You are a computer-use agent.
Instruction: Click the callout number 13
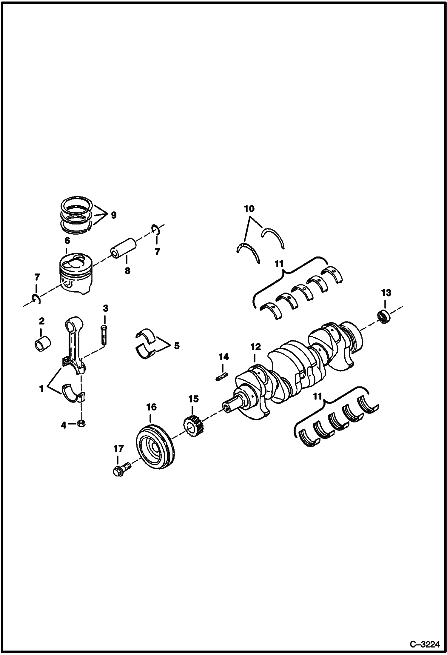pos(386,293)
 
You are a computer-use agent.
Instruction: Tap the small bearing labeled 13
pos(384,317)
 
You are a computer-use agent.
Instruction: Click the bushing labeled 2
pos(41,344)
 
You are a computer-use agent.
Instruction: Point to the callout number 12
pos(255,347)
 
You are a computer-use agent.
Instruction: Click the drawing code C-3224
pos(425,645)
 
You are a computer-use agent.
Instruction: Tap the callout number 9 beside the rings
pos(113,215)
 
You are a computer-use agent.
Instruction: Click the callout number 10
pos(249,209)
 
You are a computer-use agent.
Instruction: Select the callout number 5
pos(177,346)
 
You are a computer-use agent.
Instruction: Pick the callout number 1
pos(41,389)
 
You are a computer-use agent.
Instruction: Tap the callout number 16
pos(151,407)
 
